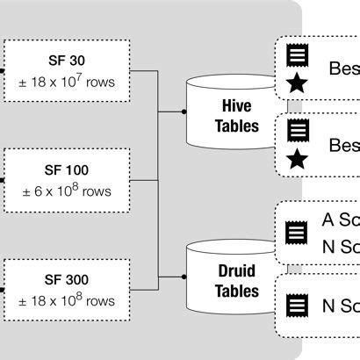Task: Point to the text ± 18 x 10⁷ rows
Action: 67,83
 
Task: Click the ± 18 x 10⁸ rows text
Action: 67,299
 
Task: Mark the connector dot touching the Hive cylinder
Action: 184,112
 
